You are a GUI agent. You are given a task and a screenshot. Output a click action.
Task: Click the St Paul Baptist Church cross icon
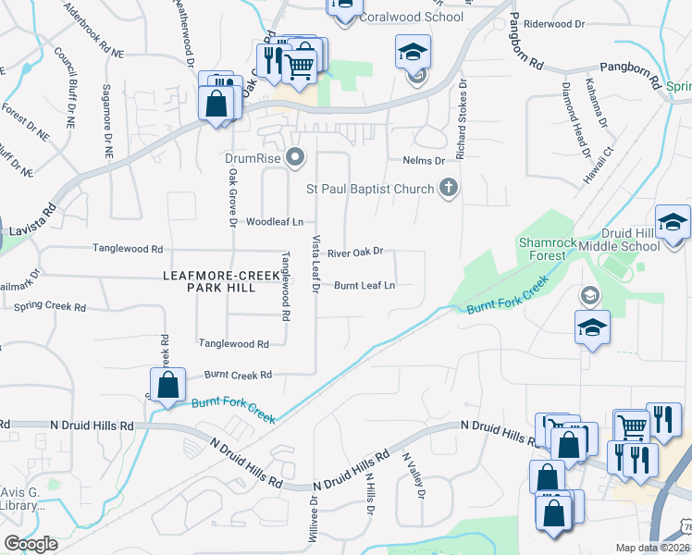point(449,190)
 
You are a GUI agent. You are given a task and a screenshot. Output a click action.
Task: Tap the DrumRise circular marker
point(295,158)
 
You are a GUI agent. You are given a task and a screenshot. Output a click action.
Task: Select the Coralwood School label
point(412,17)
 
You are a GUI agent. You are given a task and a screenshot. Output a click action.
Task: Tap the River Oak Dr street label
point(355,252)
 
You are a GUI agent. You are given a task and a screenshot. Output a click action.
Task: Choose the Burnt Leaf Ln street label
point(365,286)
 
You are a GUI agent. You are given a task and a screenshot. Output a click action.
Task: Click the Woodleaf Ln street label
point(274,222)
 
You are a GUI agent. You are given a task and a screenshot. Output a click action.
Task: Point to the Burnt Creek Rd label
point(238,375)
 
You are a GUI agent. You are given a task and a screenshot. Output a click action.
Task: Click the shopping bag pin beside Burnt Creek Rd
point(167,387)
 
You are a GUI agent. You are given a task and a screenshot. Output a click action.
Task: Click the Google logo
point(31,543)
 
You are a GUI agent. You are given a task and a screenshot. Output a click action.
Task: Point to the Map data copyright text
point(652,548)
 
